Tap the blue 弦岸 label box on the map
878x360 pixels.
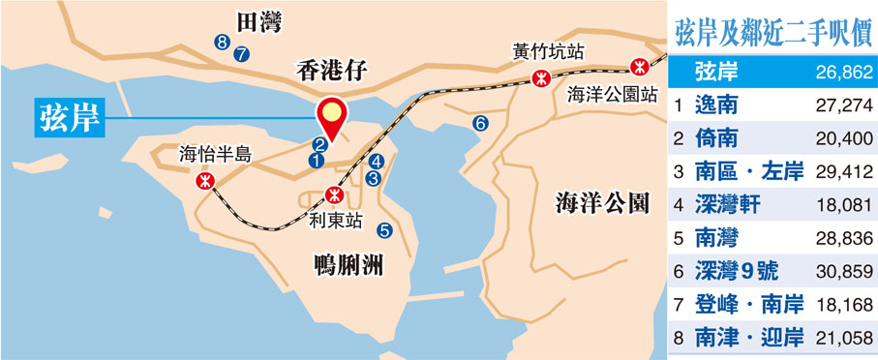69,118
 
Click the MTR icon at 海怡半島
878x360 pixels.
205,180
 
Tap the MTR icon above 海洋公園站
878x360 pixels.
638,66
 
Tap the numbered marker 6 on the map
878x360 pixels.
478,123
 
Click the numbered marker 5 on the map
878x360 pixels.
384,230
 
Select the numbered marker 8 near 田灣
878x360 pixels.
223,42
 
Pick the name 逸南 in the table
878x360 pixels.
717,105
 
